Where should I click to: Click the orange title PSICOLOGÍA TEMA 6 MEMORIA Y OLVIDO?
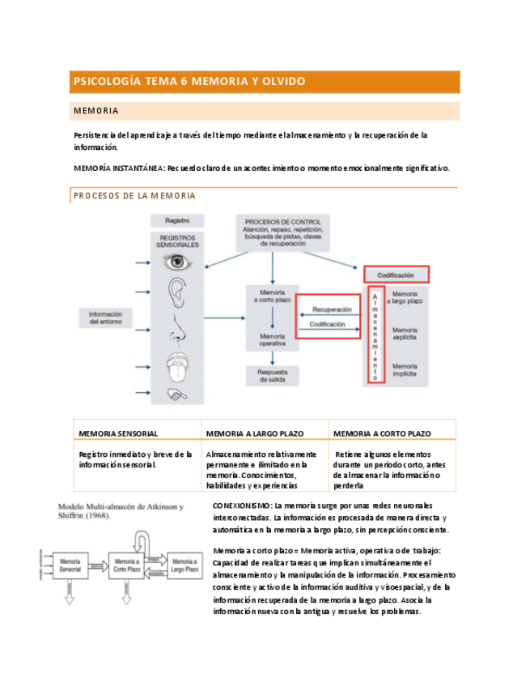coord(189,82)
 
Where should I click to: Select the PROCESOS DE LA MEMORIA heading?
coord(134,196)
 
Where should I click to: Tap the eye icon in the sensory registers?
coord(177,262)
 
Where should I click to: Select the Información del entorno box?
coord(106,318)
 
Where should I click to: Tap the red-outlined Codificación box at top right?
coord(396,275)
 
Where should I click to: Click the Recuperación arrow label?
coord(332,309)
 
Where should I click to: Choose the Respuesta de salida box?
coord(272,374)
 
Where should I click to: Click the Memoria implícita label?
coord(404,369)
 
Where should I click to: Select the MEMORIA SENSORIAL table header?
coord(118,433)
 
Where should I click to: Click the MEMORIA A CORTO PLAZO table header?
coord(382,433)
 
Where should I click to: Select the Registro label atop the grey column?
coord(177,220)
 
